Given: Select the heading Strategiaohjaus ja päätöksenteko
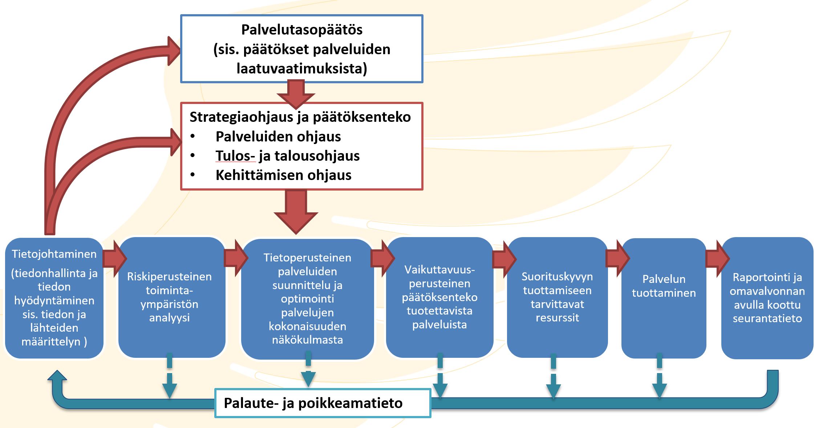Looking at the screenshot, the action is tap(300, 117).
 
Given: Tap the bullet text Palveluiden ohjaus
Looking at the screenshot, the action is tap(278, 137).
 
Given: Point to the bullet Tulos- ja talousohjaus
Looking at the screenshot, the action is tap(288, 156).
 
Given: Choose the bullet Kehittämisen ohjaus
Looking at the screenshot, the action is tap(284, 175).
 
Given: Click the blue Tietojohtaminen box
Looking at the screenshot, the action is tap(54, 298).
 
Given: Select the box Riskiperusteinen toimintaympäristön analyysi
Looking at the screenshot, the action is tap(172, 297).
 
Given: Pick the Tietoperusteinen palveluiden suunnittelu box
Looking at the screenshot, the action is tap(307, 299).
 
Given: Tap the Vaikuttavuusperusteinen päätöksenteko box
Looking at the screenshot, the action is tap(439, 297).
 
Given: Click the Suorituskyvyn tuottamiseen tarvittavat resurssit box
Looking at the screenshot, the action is tap(557, 297).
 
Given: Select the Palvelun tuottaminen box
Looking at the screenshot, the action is tap(664, 298).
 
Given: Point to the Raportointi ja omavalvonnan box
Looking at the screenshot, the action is tap(767, 298).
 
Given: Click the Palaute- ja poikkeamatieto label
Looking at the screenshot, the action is tap(313, 403).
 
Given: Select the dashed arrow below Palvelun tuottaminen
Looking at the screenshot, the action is tap(660, 376).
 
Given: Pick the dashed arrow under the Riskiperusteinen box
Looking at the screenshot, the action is tap(170, 376).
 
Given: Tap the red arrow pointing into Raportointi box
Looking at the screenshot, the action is tap(718, 258).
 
